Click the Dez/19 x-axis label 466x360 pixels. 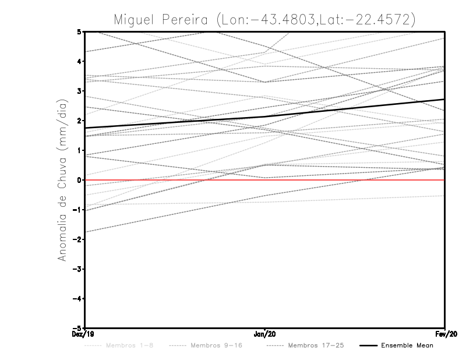coord(85,334)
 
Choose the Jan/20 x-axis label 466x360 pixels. coord(265,334)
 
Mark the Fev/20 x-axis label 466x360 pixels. coord(445,334)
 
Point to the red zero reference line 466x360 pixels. coord(349,180)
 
